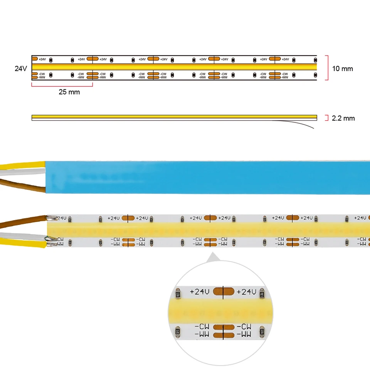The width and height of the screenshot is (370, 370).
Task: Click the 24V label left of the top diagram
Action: (21, 68)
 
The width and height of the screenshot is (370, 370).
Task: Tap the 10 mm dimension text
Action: (342, 69)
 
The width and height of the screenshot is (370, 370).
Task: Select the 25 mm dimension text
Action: (69, 92)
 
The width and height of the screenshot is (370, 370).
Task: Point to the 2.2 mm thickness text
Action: (343, 118)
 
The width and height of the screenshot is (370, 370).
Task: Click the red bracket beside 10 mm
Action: (327, 68)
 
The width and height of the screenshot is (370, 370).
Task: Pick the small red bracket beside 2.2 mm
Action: (326, 118)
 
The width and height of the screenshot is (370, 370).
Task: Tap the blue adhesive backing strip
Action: (208, 177)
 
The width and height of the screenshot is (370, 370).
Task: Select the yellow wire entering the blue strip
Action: (19, 166)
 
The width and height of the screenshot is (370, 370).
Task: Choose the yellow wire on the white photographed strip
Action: (19, 243)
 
